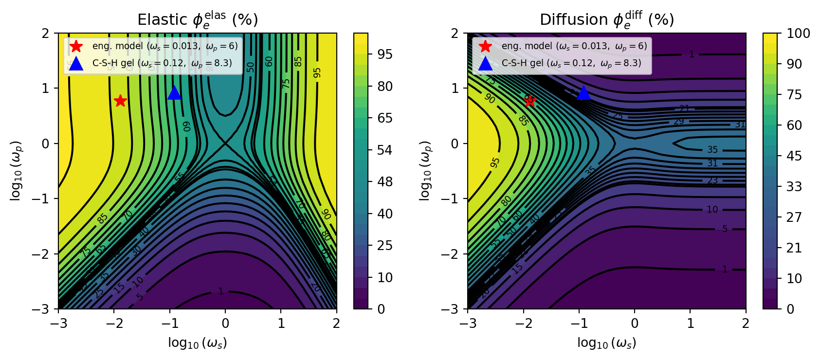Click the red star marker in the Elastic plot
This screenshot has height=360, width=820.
point(120,101)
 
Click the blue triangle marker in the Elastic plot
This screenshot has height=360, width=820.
point(174,93)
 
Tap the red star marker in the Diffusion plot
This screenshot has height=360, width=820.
point(530,101)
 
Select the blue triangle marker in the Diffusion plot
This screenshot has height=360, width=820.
point(583,93)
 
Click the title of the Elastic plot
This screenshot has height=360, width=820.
point(198,20)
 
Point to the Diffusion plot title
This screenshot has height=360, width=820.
point(607,20)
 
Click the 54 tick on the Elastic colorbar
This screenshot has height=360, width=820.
point(384,150)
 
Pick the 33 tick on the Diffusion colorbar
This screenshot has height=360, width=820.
point(794,186)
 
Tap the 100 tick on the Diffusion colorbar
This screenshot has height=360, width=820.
point(799,34)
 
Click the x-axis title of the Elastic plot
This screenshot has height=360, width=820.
point(198,343)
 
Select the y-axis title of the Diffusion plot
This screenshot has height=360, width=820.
point(425,171)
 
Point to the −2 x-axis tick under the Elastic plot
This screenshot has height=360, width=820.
point(114,324)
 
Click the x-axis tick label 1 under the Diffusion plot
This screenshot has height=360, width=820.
point(690,324)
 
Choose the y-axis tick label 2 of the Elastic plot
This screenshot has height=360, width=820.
point(45,34)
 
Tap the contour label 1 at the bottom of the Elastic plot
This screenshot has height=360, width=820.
point(221,291)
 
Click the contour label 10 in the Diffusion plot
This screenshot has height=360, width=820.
point(712,210)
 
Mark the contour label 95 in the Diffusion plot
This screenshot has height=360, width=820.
point(495,162)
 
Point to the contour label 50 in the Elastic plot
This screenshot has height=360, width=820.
point(251,67)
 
